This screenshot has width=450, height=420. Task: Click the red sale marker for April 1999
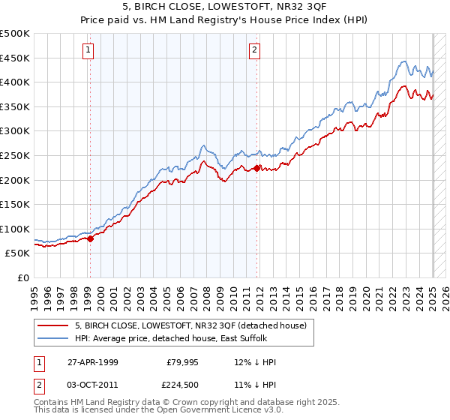click(91, 238)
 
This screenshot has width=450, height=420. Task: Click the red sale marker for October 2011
click(257, 168)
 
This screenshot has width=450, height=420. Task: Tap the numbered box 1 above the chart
click(88, 50)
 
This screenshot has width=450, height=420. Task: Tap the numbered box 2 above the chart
click(255, 50)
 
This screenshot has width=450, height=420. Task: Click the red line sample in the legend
click(52, 326)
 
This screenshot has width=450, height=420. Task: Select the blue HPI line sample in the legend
click(52, 339)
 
